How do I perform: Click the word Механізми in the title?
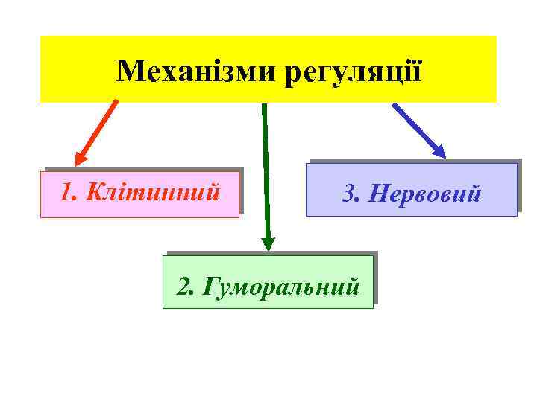[x=197, y=71]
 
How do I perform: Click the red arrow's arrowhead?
[x=78, y=159]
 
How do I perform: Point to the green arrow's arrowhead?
[x=268, y=243]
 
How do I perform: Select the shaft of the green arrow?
[x=266, y=171]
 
